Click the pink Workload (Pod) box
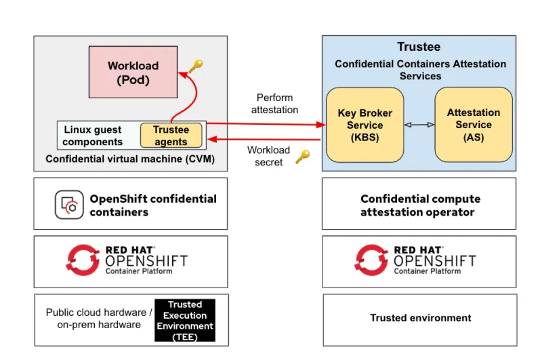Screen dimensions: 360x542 pyautogui.click(x=133, y=73)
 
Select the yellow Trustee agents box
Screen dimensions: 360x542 pyautogui.click(x=171, y=136)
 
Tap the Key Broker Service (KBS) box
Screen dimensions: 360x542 pyautogui.click(x=364, y=125)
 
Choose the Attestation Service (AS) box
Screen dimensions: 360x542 pyautogui.click(x=473, y=125)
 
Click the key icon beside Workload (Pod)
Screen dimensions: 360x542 pyautogui.click(x=195, y=66)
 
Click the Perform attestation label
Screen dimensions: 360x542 pyautogui.click(x=274, y=103)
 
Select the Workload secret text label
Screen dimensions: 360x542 pyautogui.click(x=268, y=156)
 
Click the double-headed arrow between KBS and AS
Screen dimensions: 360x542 pyautogui.click(x=419, y=125)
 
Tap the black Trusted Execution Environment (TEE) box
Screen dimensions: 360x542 pyautogui.click(x=184, y=321)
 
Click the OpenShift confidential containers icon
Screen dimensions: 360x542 pyautogui.click(x=69, y=205)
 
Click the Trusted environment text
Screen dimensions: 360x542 pyautogui.click(x=420, y=317)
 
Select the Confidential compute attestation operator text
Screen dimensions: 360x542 pyautogui.click(x=420, y=205)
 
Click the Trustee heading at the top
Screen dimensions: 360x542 pyautogui.click(x=419, y=47)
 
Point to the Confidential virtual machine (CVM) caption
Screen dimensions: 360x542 pyautogui.click(x=130, y=159)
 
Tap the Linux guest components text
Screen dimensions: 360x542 pyautogui.click(x=93, y=136)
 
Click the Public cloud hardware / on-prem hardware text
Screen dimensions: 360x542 pyautogui.click(x=99, y=318)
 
